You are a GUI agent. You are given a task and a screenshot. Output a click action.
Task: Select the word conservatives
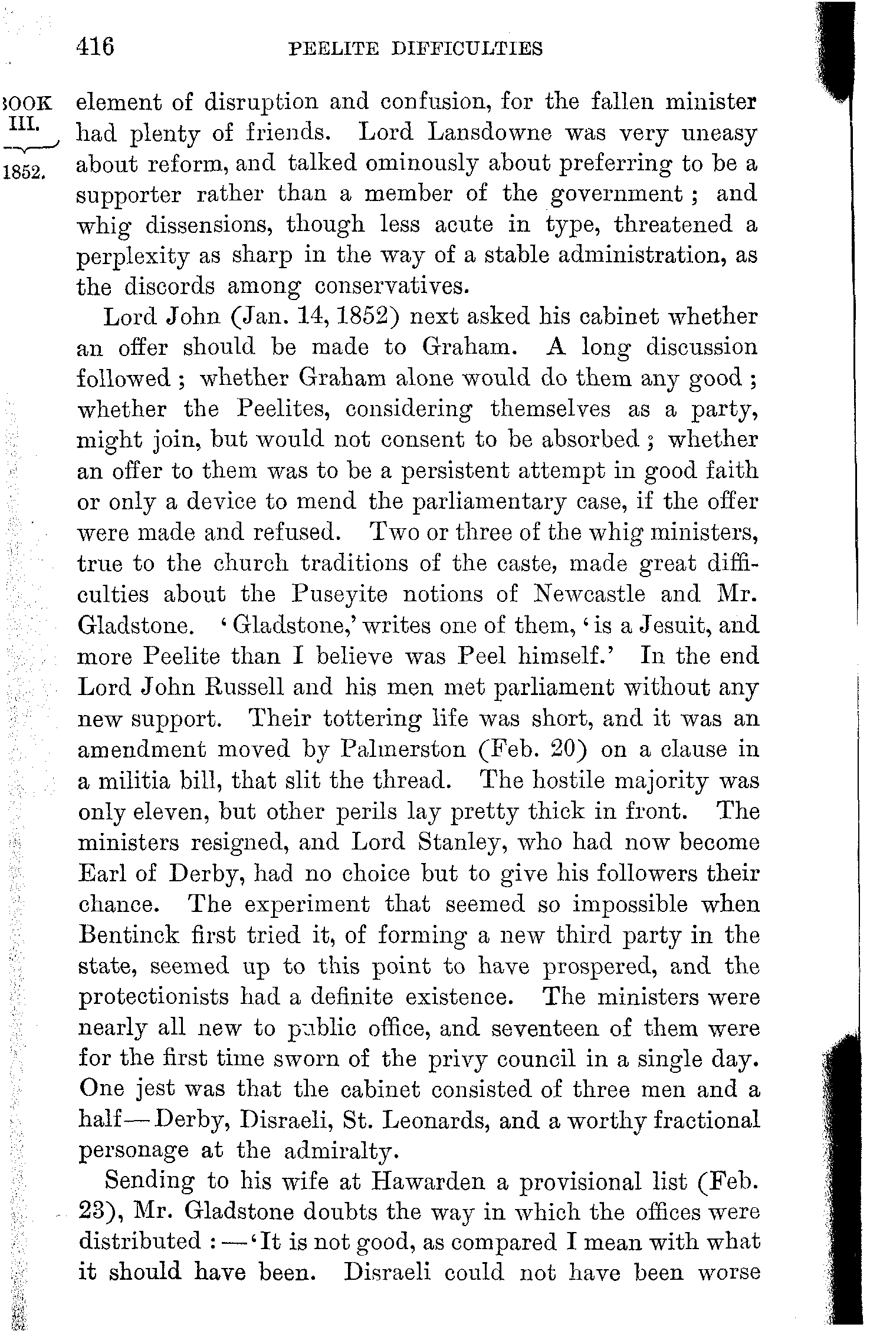[392, 286]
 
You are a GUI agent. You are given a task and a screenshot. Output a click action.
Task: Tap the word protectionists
[153, 997]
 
